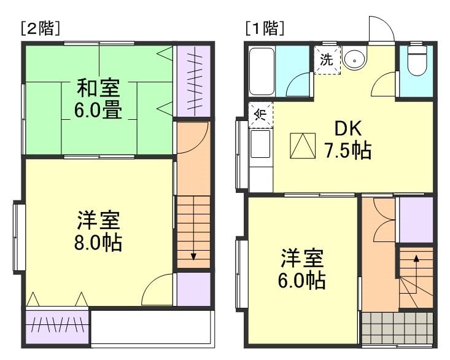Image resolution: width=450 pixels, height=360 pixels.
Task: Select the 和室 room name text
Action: coord(98,88)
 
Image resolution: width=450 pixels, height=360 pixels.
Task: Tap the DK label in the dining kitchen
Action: coord(348,128)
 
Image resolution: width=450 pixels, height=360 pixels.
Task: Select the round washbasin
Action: coord(354,60)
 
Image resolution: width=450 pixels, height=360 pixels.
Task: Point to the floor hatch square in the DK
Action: coord(303,146)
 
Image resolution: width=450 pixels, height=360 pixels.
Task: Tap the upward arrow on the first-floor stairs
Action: coord(416,260)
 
